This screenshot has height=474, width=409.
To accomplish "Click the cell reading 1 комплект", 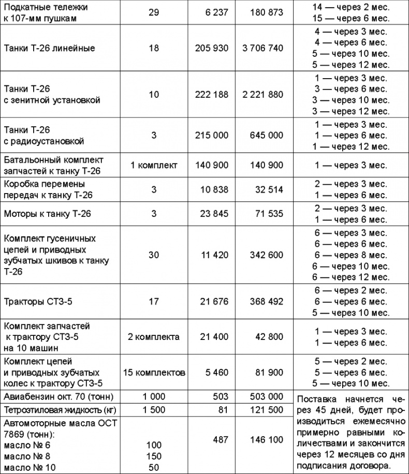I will pyautogui.click(x=154, y=166).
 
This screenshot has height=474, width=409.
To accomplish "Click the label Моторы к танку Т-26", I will pyautogui.click(x=48, y=213).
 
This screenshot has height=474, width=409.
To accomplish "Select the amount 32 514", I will pyautogui.click(x=269, y=189).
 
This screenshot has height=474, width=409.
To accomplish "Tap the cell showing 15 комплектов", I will pyautogui.click(x=154, y=372).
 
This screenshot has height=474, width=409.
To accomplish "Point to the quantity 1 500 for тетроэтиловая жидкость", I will pyautogui.click(x=153, y=410).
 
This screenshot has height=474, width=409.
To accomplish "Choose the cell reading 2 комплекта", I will pyautogui.click(x=154, y=337).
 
